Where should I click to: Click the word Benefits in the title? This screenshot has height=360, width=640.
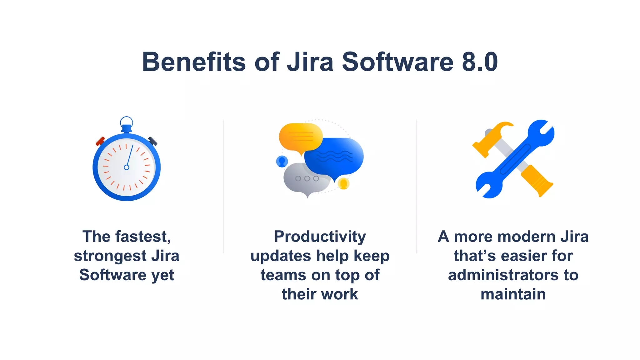[x=194, y=62]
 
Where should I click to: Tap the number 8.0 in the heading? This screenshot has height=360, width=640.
[x=480, y=62]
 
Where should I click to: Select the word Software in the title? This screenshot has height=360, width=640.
[x=397, y=62]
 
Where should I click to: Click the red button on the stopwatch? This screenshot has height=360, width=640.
[x=100, y=141]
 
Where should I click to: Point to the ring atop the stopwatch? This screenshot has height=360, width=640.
[x=127, y=122]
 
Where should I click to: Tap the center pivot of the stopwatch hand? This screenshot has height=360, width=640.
[x=127, y=167]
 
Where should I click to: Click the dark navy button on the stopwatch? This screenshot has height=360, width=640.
[x=153, y=141]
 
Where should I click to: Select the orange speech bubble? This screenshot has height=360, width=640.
[x=300, y=137]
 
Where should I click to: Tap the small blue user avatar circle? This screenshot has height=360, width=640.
[x=282, y=161]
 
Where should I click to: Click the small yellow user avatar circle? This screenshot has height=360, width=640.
[x=343, y=183]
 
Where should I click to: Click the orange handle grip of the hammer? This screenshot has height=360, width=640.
[x=537, y=181]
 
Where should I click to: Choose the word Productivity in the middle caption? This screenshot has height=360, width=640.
[x=320, y=237]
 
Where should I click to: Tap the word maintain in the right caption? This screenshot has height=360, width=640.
[x=513, y=294]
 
